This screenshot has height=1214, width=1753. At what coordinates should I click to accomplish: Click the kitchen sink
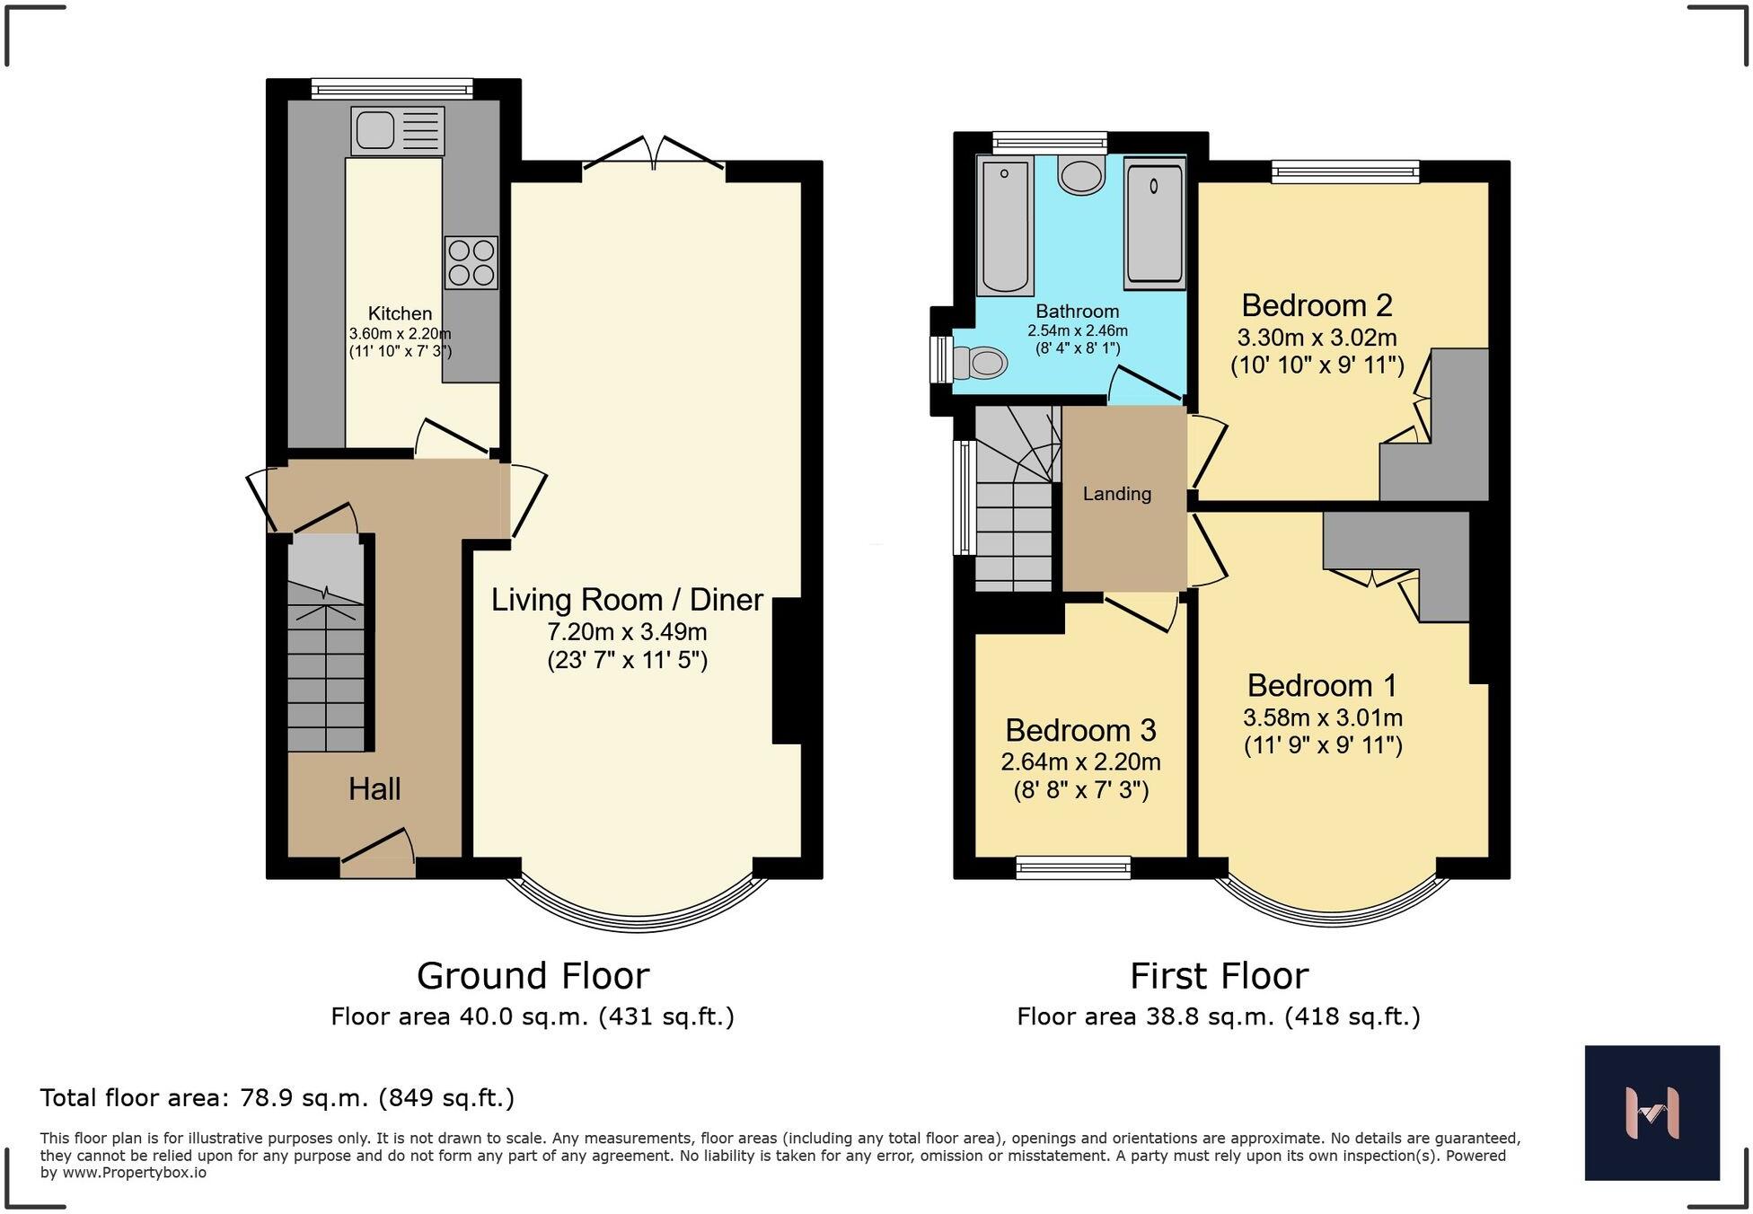(x=398, y=131)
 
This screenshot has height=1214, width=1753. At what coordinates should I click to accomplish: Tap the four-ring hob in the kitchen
(x=471, y=262)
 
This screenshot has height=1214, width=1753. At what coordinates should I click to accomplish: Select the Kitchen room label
(x=401, y=313)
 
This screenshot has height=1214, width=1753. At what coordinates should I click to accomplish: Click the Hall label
(x=374, y=789)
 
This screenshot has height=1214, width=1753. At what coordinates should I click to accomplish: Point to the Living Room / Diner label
(x=627, y=600)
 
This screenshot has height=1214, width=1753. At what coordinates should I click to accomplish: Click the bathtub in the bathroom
(x=1005, y=224)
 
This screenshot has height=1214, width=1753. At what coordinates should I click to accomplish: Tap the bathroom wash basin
(x=1081, y=174)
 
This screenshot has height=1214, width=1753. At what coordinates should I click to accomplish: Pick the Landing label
(x=1117, y=494)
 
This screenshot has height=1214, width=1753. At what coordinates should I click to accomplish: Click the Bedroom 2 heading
(x=1317, y=306)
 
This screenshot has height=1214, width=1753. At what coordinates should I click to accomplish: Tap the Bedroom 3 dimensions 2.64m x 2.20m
(x=1080, y=762)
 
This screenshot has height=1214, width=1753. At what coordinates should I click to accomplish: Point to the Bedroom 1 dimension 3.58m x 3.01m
(x=1323, y=718)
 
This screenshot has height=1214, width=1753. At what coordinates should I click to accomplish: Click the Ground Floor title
(x=533, y=976)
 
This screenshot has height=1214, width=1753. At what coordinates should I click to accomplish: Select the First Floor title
(x=1219, y=976)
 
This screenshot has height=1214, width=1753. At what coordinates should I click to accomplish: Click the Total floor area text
(x=277, y=1098)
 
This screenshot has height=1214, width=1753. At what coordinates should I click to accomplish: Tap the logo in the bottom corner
(x=1652, y=1113)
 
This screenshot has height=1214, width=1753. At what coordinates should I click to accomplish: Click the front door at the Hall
(x=377, y=854)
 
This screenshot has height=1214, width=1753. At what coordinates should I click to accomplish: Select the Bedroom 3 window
(x=1073, y=867)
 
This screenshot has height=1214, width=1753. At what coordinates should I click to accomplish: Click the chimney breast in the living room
(x=786, y=671)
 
